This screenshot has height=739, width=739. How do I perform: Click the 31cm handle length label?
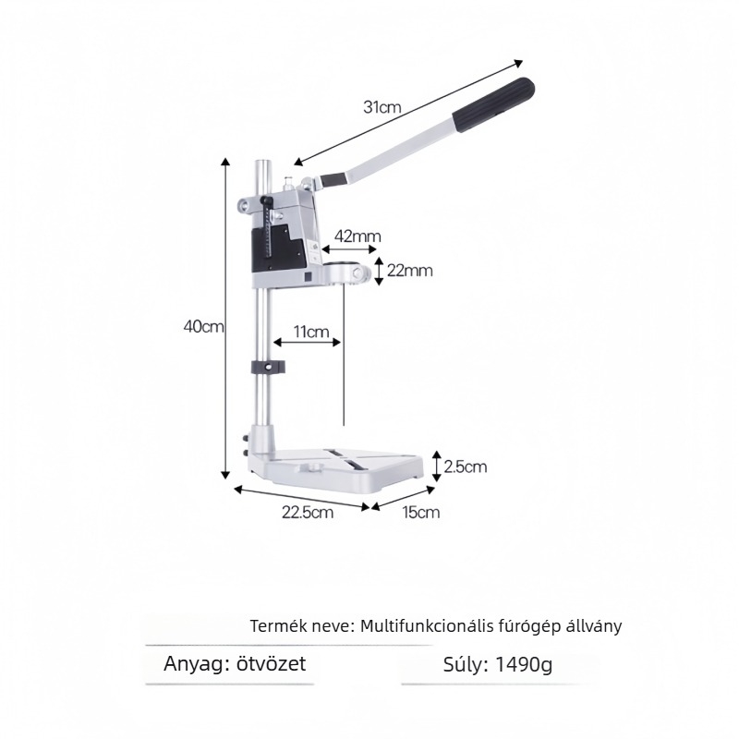[382, 107]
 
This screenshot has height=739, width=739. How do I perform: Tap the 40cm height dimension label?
[203, 326]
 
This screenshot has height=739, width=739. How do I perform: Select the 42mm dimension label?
[357, 236]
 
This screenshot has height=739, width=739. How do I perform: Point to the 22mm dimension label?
[409, 271]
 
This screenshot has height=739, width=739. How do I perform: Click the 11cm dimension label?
[311, 332]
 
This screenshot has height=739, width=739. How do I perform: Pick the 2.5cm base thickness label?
[466, 466]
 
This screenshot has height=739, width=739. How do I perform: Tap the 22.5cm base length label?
[308, 512]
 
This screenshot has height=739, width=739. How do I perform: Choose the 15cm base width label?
[421, 512]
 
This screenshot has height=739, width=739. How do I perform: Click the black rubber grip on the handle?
[493, 105]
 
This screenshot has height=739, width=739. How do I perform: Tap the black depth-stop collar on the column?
[268, 367]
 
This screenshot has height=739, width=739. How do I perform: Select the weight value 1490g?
[524, 664]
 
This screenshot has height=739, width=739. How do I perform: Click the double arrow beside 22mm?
[379, 271]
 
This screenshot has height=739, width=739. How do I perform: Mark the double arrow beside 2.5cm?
[437, 466]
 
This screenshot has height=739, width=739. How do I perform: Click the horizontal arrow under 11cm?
[307, 342]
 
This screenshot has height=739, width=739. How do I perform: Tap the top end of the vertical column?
[262, 162]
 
